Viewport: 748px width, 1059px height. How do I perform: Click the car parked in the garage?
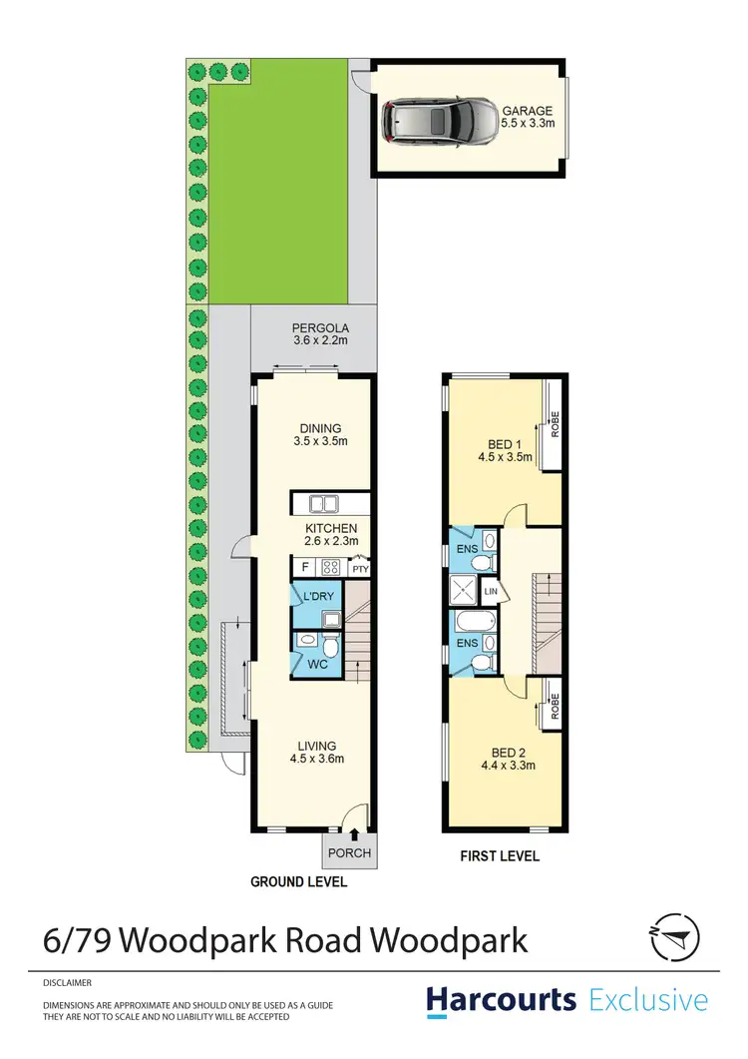(438, 119)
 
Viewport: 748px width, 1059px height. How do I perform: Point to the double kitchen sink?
(324, 504)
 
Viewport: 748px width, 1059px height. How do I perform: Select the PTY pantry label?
(360, 569)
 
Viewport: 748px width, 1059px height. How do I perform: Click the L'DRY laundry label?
(317, 596)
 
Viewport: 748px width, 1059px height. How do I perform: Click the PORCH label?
(349, 852)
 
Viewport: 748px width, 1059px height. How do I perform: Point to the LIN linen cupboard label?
(490, 592)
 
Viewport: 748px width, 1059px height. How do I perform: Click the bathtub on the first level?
(469, 626)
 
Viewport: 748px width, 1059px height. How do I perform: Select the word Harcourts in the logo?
(501, 999)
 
